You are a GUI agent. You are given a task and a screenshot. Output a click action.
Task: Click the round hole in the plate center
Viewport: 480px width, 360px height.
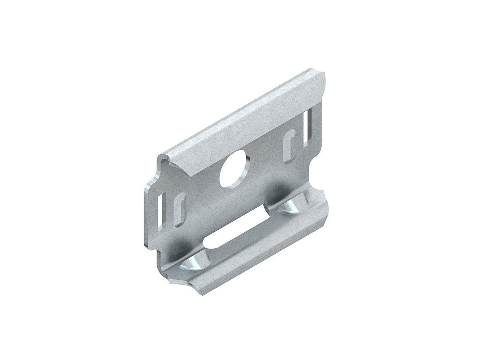pyautogui.click(x=233, y=171)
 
